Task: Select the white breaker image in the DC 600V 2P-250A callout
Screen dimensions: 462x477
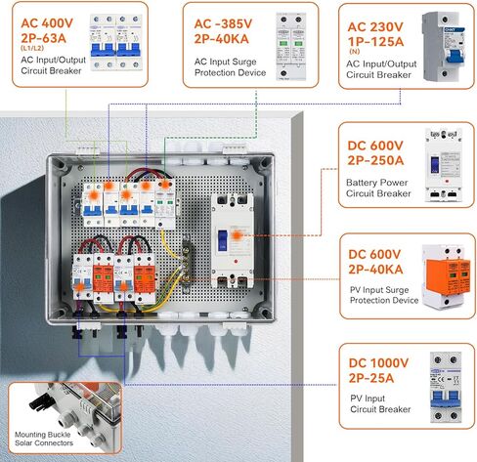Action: click(x=438, y=161)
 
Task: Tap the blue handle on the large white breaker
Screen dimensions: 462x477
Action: click(x=226, y=240)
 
